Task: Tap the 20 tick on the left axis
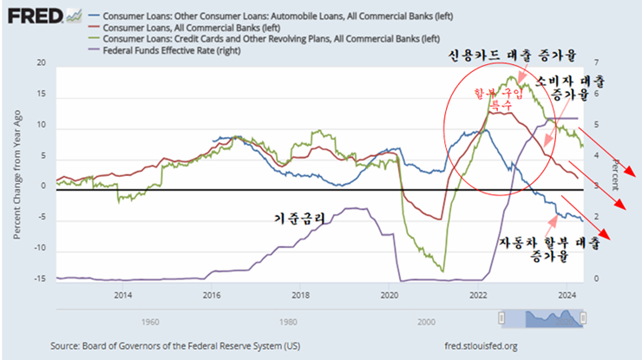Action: point(40,64)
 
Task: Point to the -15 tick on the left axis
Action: point(38,279)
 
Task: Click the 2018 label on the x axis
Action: point(300,296)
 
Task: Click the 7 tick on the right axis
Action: point(598,64)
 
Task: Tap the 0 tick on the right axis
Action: point(598,279)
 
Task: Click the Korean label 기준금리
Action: point(299,219)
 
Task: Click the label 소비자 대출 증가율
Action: point(568,87)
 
